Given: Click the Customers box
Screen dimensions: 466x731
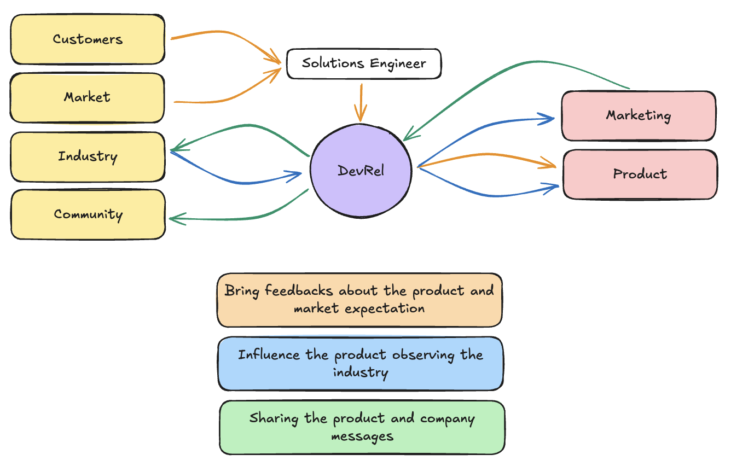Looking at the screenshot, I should coord(88,39).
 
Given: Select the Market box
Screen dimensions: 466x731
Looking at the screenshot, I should coord(87,97).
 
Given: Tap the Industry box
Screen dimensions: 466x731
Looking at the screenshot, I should coord(88,156).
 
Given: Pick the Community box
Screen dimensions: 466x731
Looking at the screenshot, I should coord(88,214).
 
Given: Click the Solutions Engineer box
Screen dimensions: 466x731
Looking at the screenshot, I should coord(364,63).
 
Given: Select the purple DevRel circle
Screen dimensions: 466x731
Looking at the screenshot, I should coord(361,170).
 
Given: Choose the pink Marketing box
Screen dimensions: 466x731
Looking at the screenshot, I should coord(639,115).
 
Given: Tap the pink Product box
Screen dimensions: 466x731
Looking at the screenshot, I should coord(640,174).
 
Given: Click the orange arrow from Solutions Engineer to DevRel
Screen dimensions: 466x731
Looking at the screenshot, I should coord(361,102).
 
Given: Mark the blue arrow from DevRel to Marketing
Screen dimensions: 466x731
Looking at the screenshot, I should coord(481,129).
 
